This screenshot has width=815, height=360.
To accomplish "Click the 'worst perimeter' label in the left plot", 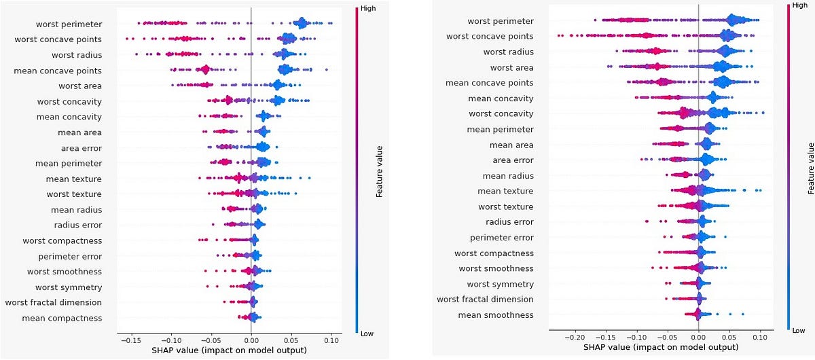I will (x=69, y=24).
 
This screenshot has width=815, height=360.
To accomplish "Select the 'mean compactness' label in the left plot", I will (x=71, y=318).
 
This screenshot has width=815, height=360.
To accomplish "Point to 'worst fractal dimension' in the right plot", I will (x=485, y=299).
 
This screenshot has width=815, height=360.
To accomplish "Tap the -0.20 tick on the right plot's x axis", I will (x=575, y=337).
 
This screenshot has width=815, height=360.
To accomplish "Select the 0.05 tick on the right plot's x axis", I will (x=729, y=337).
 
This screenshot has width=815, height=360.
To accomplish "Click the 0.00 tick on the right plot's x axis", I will (x=698, y=337).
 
